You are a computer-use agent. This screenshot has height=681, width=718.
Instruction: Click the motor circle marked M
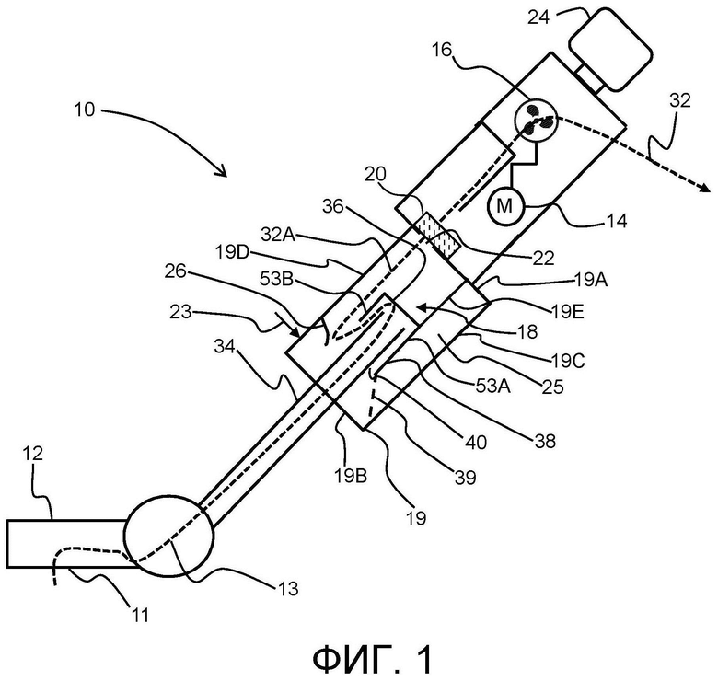505,206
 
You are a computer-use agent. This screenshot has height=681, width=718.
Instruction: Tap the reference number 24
538,17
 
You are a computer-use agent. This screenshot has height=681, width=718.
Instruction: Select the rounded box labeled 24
610,49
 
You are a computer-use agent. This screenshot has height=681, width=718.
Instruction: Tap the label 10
85,110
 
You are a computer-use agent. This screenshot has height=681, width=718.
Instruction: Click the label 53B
276,278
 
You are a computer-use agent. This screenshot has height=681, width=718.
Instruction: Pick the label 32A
278,235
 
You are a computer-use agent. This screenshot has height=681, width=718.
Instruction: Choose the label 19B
351,477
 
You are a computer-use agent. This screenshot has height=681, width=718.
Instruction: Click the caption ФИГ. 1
372,660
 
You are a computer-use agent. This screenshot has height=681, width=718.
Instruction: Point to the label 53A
493,387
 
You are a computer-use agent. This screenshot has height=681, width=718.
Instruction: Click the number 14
616,222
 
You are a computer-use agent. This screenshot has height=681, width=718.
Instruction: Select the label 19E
568,313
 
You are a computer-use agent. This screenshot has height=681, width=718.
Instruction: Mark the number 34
225,347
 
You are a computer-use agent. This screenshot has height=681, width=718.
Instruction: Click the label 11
140,615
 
